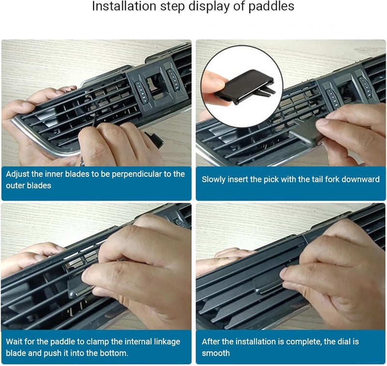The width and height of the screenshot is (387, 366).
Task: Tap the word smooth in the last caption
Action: click(216, 353)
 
